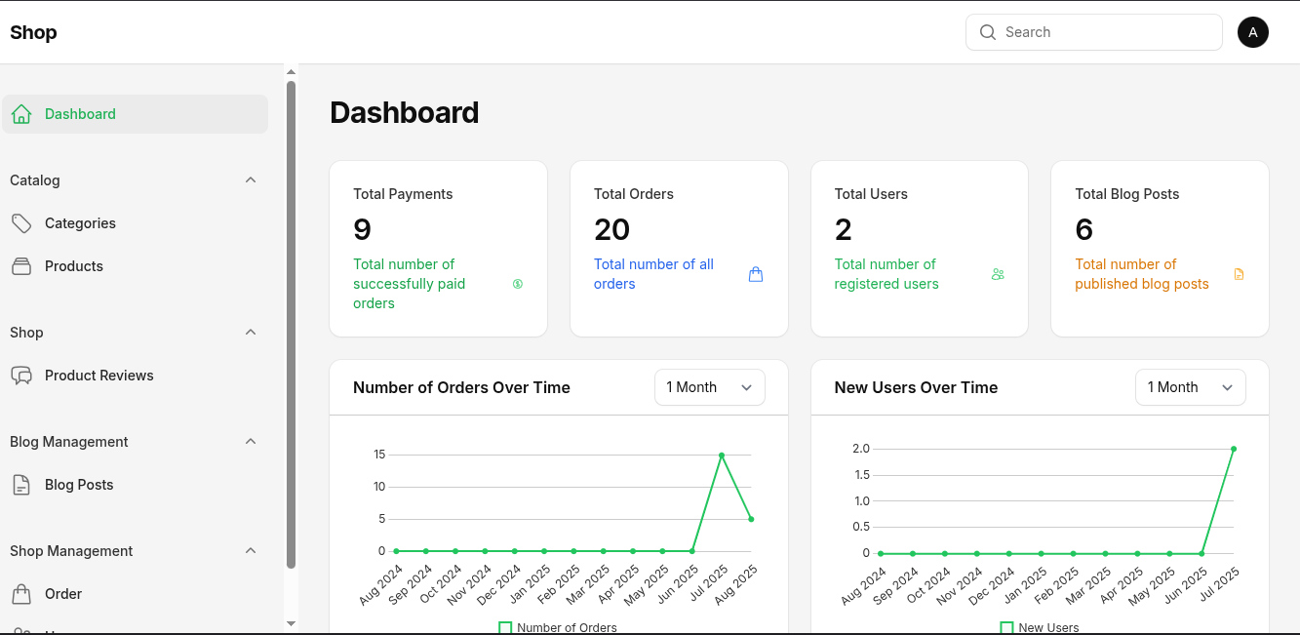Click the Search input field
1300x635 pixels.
1102,32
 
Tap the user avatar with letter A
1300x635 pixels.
1253,32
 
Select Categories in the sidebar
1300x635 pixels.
80,223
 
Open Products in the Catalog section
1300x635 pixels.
73,266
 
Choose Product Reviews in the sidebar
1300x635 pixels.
98,376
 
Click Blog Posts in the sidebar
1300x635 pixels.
79,485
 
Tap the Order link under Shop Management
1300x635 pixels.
62,594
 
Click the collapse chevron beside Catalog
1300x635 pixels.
251,180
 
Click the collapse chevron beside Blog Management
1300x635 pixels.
251,442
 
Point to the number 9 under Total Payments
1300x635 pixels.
363,230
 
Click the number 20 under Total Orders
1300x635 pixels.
611,230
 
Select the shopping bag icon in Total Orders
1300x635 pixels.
756,275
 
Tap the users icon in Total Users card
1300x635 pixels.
998,275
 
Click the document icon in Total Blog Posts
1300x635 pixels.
1240,275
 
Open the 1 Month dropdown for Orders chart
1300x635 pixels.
709,387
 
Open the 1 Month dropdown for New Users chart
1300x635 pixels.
1190,387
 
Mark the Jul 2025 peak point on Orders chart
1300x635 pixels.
722,455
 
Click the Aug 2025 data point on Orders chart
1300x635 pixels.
751,519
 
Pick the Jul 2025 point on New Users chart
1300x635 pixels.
1234,449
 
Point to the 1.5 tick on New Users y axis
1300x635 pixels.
861,475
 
